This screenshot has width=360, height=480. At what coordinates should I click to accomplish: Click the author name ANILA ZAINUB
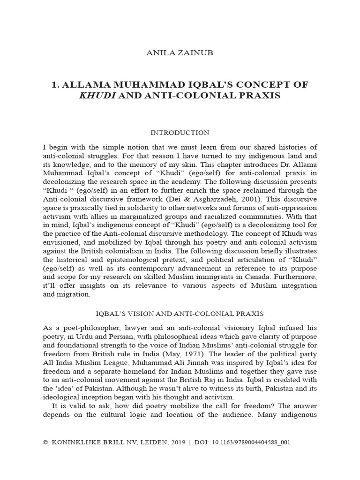pos(180,53)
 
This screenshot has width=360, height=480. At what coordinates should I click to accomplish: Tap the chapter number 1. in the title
pos(55,84)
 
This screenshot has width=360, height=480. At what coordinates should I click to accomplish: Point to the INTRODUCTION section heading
pos(180,133)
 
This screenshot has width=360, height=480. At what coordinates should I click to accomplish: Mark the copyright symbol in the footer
pos(45,442)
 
